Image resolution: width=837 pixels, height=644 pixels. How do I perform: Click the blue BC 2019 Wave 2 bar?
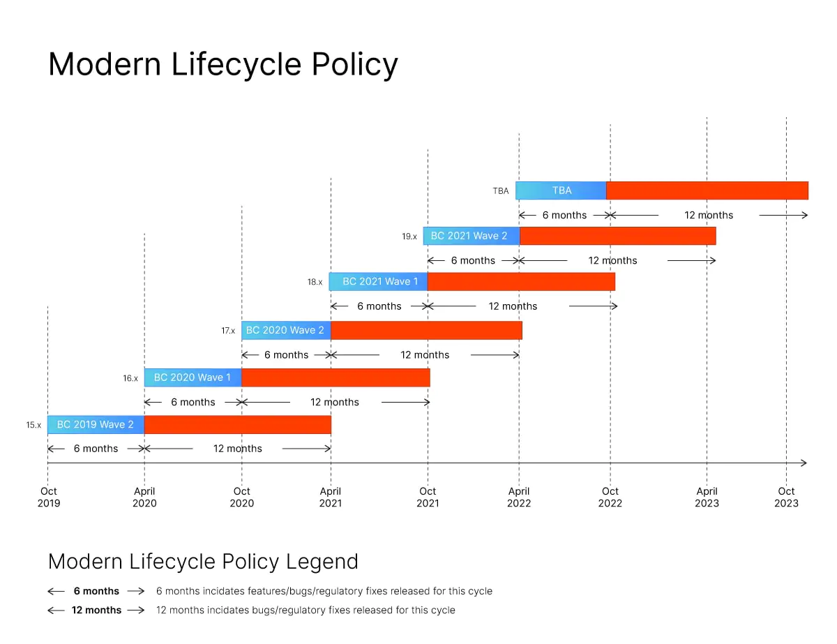click(x=96, y=425)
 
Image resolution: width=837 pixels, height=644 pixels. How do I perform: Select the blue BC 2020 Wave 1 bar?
click(x=193, y=377)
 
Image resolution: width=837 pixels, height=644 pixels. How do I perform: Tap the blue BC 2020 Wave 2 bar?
click(x=286, y=330)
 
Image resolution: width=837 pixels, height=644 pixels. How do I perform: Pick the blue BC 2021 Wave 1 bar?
click(x=378, y=281)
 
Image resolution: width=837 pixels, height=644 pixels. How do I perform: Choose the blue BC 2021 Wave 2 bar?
click(x=471, y=236)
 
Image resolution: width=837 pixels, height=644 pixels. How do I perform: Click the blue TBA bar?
click(x=561, y=190)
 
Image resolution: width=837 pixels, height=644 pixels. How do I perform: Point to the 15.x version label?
click(x=33, y=425)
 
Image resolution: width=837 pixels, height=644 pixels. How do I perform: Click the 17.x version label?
click(x=228, y=331)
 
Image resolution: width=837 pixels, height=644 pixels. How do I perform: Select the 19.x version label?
click(x=409, y=237)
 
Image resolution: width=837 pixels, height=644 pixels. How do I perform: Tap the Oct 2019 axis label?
click(x=49, y=497)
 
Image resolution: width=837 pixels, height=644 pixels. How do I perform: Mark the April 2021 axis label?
click(x=331, y=497)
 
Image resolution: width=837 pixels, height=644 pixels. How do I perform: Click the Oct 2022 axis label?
click(x=610, y=497)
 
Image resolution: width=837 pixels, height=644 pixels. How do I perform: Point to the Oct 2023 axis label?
click(x=786, y=497)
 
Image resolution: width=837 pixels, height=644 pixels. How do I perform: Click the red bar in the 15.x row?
click(x=237, y=425)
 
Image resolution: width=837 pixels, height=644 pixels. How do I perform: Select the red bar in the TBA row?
click(x=707, y=190)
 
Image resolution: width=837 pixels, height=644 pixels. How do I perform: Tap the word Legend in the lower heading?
click(x=326, y=562)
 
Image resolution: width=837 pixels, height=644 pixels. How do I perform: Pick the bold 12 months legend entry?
click(x=96, y=611)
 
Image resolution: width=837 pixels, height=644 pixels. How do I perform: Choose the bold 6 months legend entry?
click(x=96, y=592)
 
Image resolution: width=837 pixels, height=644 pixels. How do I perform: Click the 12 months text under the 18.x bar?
click(x=513, y=306)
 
